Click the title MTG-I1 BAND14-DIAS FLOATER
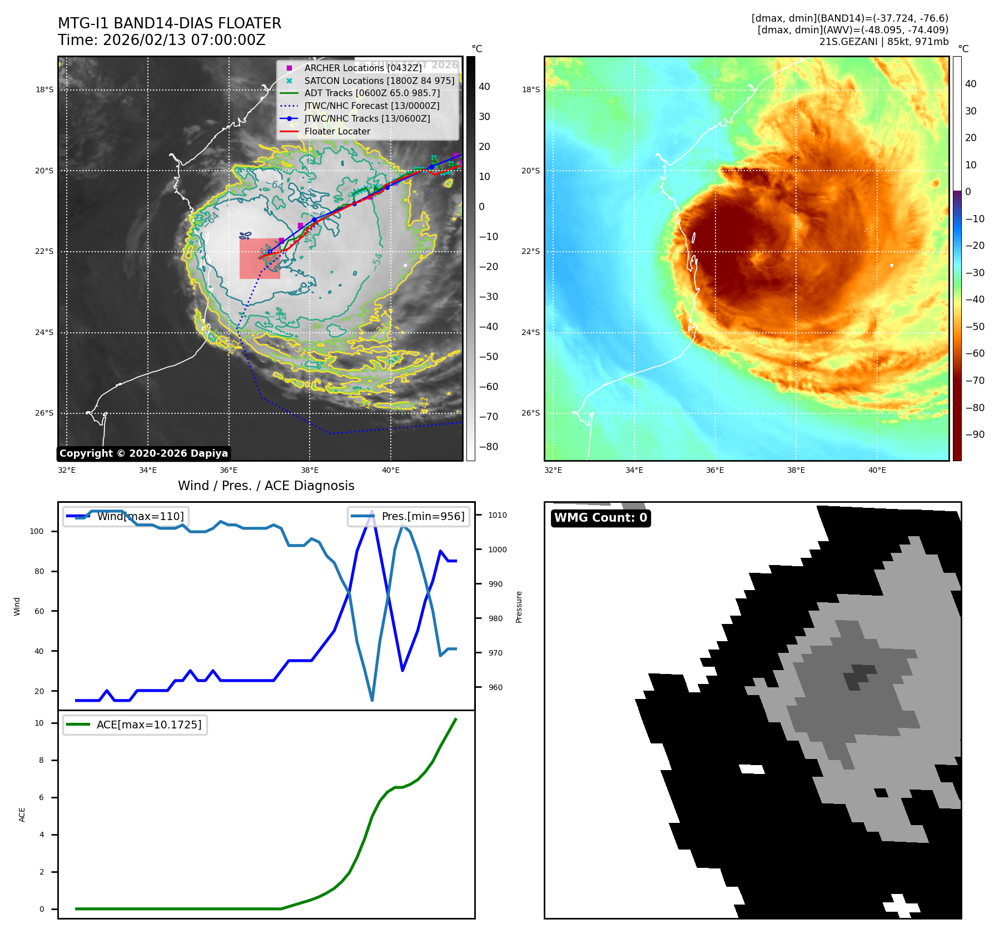(x=170, y=23)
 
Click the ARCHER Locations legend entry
(x=362, y=68)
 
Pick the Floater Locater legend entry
(x=337, y=132)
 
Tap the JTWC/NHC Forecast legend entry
(x=371, y=106)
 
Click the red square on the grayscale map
(x=260, y=258)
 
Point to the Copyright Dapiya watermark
(x=143, y=453)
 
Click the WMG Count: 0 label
(x=600, y=518)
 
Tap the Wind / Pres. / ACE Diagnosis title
(x=266, y=486)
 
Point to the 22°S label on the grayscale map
(x=44, y=252)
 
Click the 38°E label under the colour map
(x=796, y=470)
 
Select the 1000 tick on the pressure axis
(x=497, y=550)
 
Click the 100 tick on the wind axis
(x=37, y=531)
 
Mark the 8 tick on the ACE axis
(x=41, y=760)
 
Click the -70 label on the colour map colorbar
(x=975, y=381)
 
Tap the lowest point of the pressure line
(x=372, y=700)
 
